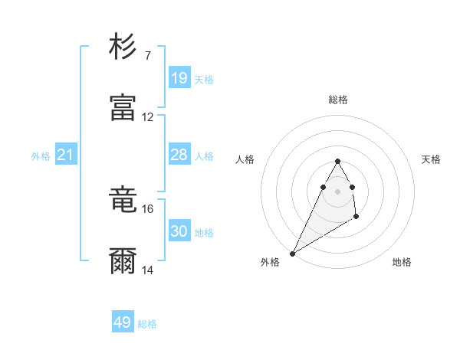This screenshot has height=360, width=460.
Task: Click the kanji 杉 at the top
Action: pyautogui.click(x=123, y=47)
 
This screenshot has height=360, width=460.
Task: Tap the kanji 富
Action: pyautogui.click(x=123, y=107)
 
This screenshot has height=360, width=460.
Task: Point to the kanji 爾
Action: pyautogui.click(x=123, y=260)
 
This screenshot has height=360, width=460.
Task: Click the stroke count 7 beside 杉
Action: pyautogui.click(x=147, y=56)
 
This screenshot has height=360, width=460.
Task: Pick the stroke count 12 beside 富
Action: pyautogui.click(x=148, y=117)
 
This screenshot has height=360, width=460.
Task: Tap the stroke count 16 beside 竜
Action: pyautogui.click(x=148, y=208)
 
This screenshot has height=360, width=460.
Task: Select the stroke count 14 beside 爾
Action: pyautogui.click(x=148, y=270)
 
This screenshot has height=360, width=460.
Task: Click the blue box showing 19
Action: pyautogui.click(x=179, y=78)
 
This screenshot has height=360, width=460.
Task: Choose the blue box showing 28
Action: pyautogui.click(x=179, y=155)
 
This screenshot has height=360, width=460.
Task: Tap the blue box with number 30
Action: pyautogui.click(x=179, y=231)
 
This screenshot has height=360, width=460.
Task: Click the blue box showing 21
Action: pyautogui.click(x=66, y=155)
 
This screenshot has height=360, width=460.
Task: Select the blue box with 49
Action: pyautogui.click(x=123, y=322)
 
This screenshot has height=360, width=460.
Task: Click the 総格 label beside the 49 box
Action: pyautogui.click(x=148, y=324)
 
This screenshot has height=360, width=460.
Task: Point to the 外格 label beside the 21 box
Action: pyautogui.click(x=41, y=156)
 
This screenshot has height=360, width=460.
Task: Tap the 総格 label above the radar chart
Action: pyautogui.click(x=337, y=100)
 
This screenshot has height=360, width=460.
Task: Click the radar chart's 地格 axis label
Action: pyautogui.click(x=402, y=263)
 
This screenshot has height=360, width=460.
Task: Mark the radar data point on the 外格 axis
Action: pyautogui.click(x=292, y=253)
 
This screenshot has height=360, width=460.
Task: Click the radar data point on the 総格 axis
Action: pyautogui.click(x=337, y=161)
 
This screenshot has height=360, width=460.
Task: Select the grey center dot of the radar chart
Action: pyautogui.click(x=337, y=191)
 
